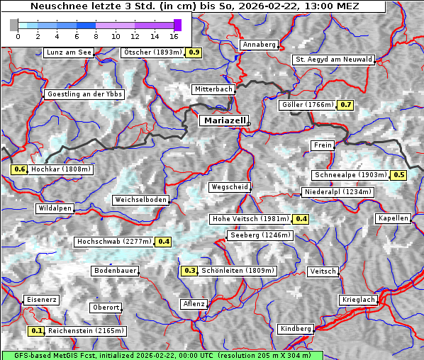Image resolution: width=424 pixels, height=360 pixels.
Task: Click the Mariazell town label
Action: tap(224, 120)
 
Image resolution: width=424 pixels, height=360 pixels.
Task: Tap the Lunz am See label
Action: tap(69, 52)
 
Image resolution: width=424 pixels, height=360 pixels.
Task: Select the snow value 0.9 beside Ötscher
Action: tap(194, 52)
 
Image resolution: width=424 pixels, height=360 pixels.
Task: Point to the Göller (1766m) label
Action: tap(308, 105)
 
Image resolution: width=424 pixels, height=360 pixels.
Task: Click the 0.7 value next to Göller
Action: tap(345, 105)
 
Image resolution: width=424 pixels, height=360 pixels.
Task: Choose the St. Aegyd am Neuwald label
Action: tap(333, 60)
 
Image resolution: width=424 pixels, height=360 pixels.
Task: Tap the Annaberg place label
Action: tap(259, 45)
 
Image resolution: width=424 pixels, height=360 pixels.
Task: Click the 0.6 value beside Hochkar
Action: tap(19, 169)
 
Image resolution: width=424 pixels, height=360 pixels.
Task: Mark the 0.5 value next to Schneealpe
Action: tap(398, 175)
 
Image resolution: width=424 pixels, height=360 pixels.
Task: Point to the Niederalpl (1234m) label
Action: tap(337, 192)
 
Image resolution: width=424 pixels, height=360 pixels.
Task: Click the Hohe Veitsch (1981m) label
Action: tap(252, 219)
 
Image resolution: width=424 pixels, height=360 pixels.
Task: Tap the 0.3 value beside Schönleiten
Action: tap(189, 270)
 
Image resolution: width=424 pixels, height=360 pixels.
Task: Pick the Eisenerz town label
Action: tap(42, 300)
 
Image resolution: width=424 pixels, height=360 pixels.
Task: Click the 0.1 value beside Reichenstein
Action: tap(37, 331)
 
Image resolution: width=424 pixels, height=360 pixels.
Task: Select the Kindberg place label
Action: tap(296, 329)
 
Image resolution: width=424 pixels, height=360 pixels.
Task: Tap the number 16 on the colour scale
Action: tap(174, 35)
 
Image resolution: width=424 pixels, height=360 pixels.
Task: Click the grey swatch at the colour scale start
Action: tap(14, 25)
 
